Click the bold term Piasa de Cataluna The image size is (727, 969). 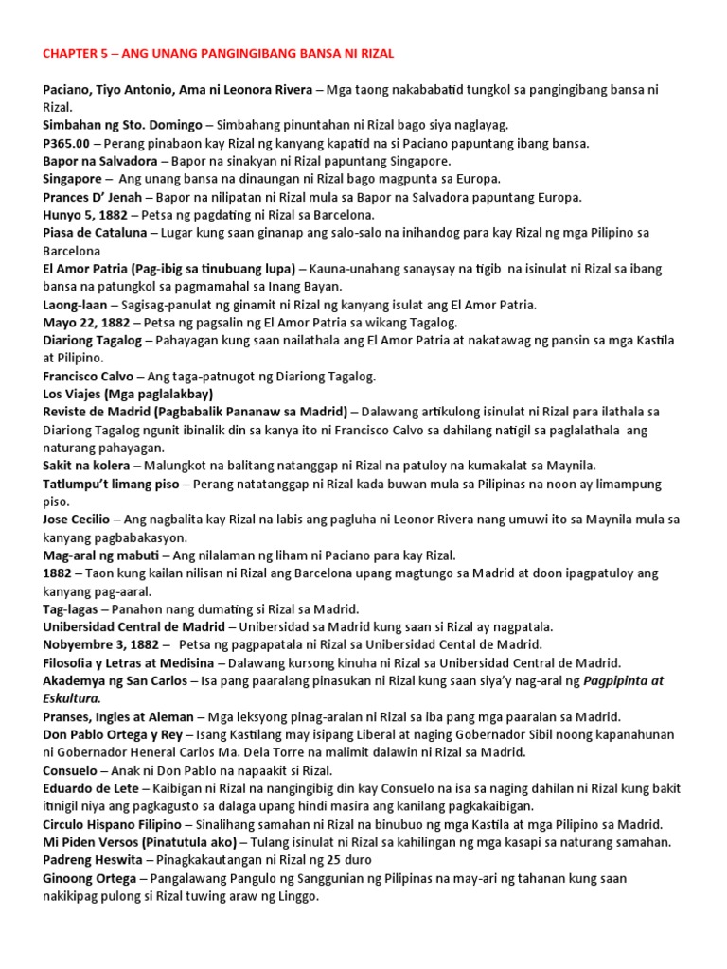click(95, 232)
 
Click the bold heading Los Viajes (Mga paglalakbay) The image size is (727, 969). click(128, 394)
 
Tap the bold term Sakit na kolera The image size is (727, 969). click(89, 466)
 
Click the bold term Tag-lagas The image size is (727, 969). click(68, 609)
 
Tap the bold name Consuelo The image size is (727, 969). click(73, 770)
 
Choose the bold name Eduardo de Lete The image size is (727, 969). click(91, 788)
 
